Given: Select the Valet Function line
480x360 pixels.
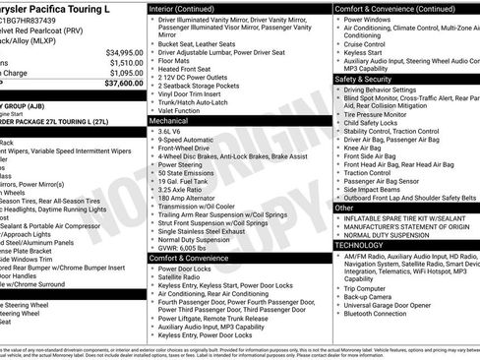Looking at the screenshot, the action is (187, 109).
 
